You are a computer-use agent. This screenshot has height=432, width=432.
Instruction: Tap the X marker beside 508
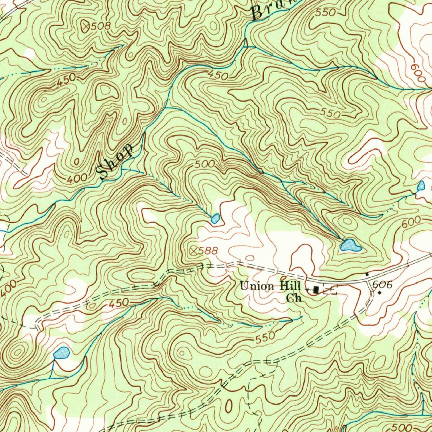pyautogui.click(x=87, y=26)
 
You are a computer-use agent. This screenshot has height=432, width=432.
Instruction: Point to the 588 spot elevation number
pyautogui.click(x=208, y=251)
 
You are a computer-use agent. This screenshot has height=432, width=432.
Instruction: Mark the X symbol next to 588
pyautogui.click(x=194, y=251)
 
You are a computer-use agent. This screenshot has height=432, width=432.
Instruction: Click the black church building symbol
pyautogui.click(x=316, y=289)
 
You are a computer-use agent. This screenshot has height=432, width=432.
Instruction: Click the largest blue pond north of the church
pyautogui.click(x=351, y=245)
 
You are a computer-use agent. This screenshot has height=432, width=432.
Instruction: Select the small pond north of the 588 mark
pyautogui.click(x=215, y=218)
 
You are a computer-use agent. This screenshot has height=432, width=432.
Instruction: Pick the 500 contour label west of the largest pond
pyautogui.click(x=205, y=163)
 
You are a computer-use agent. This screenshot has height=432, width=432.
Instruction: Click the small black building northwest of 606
pyautogui.click(x=367, y=274)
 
